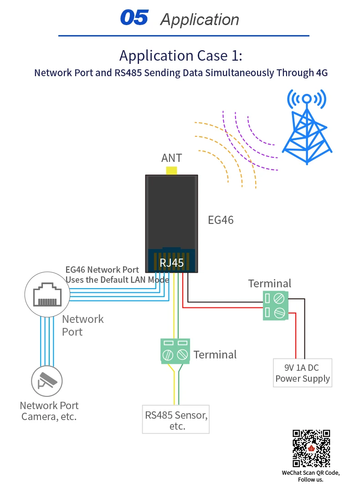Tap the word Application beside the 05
pos(200,20)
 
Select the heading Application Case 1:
pos(180,56)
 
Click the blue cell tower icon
pos(307,126)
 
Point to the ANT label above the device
pos(172,158)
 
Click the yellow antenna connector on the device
pos(172,171)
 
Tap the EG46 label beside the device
pos(221,220)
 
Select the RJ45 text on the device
pos(172,263)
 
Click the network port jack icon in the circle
pos(47,295)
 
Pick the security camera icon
pos(47,381)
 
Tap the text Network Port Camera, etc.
pos(49,411)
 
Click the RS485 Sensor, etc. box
pos(176,419)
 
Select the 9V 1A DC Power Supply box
pos(303,373)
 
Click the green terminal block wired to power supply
pos(276,306)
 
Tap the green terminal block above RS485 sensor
pos(175,351)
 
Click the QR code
pos(311,448)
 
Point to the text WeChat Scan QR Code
pos(311,473)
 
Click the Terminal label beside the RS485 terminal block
pos(215,354)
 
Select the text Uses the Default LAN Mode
pos(118,280)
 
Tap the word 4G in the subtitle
pos(322,73)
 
